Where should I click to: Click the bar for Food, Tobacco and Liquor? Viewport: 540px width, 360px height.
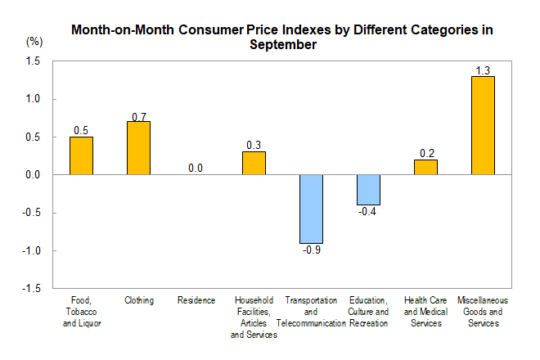81,155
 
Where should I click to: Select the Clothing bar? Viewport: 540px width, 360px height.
138,148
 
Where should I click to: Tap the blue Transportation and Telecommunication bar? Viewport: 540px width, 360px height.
311,209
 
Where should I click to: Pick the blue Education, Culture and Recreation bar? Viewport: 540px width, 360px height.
368,190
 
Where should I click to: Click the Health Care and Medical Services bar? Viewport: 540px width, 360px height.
425,167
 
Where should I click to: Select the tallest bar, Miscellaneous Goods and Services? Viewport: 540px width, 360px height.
483,125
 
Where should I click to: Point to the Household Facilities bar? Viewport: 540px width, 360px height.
254,164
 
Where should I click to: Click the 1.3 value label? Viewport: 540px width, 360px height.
483,69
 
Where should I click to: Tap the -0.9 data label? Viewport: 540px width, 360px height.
312,251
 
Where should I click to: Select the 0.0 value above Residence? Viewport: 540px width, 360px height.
196,168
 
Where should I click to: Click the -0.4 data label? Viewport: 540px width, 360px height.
369,213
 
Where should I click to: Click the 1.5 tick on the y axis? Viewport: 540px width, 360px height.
33,61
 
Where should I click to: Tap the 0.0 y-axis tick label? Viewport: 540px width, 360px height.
33,175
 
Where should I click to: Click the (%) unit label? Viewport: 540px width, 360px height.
34,41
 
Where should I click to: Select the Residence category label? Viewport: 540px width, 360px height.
196,300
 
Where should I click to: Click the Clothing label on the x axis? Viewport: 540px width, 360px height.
139,300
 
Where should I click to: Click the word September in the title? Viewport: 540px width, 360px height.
282,46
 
